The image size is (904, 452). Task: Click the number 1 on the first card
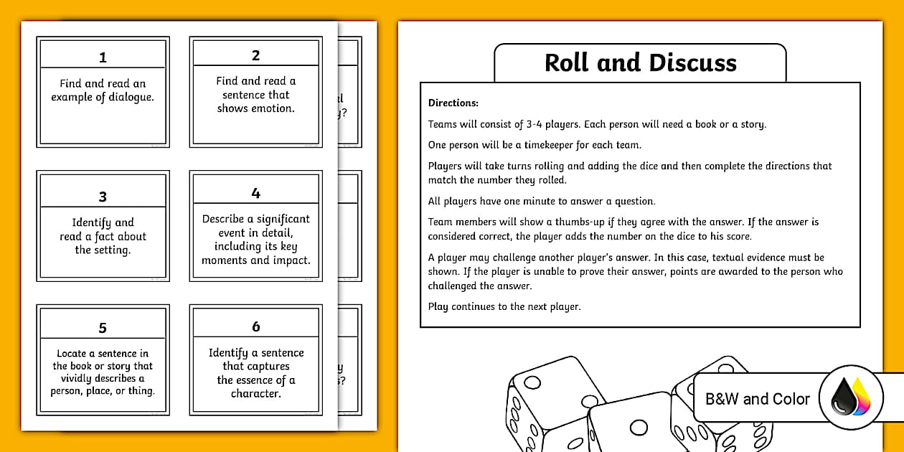point(103,57)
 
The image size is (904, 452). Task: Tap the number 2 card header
point(255,56)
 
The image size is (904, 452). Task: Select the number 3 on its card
point(103,197)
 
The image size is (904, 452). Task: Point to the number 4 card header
point(255,194)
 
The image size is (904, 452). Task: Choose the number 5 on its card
point(103,328)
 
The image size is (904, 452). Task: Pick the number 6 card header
point(255,326)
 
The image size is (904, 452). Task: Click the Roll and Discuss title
point(640,63)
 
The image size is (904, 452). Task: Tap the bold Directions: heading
point(453,103)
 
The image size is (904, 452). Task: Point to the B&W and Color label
point(758,399)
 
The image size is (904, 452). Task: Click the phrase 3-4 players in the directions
point(550,124)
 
